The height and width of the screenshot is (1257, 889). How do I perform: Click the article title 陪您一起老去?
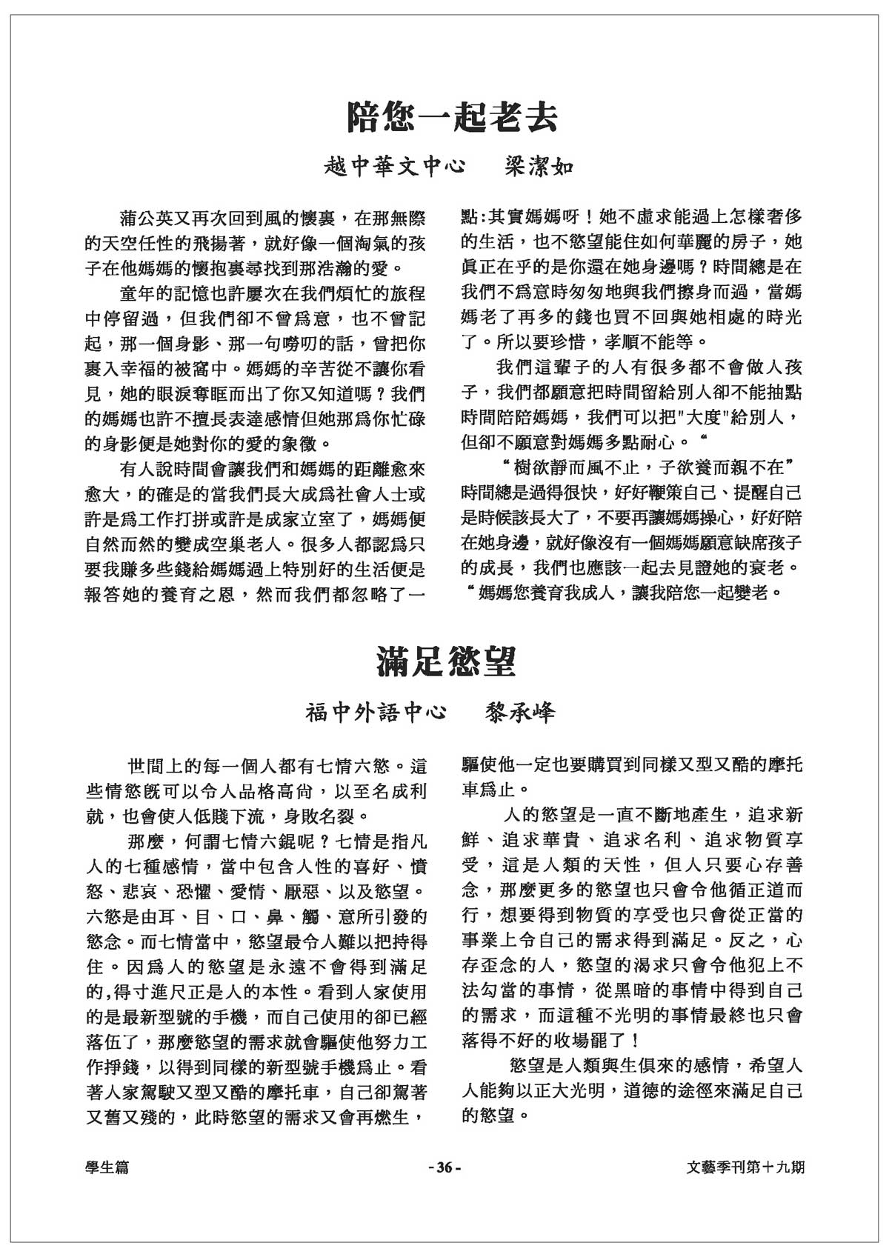tap(453, 117)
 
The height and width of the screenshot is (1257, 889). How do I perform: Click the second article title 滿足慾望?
tap(445, 661)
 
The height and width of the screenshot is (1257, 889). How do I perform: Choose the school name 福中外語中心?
tap(376, 713)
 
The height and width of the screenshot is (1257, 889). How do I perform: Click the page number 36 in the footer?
tap(444, 1168)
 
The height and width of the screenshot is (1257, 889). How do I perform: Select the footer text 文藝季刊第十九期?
tap(745, 1167)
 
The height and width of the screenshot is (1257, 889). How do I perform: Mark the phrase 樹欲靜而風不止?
tap(575, 468)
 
